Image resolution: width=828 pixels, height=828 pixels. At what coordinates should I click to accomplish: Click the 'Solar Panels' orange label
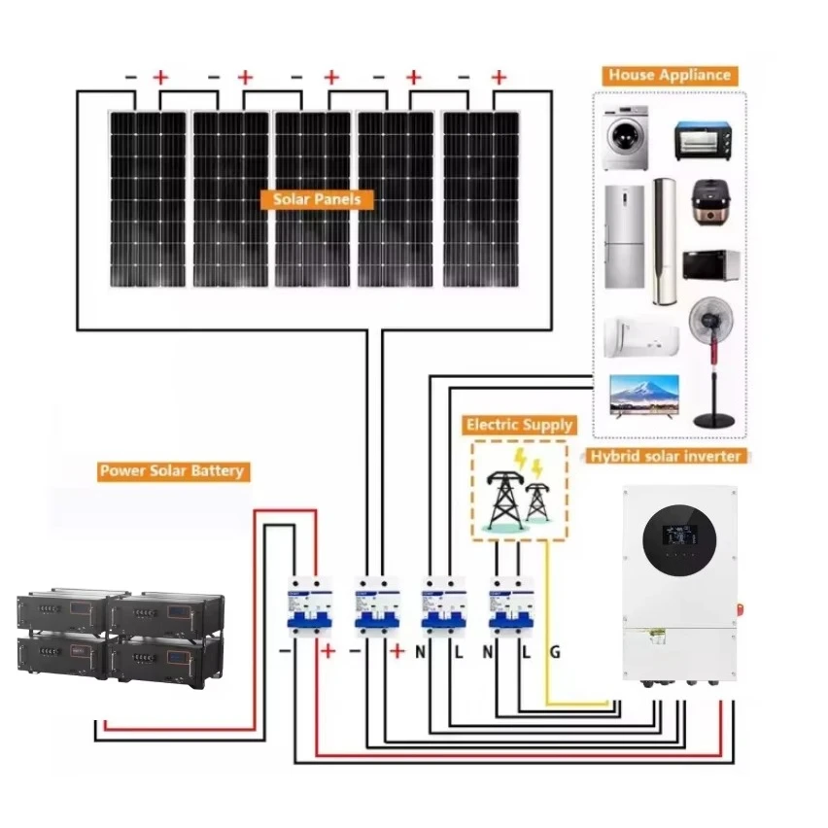click(x=317, y=199)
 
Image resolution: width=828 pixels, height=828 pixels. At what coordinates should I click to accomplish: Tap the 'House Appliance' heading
click(x=669, y=75)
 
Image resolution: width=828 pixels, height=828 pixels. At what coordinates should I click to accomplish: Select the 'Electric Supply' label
click(x=520, y=426)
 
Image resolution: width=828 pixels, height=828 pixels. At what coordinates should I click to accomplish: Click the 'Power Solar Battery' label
click(x=173, y=471)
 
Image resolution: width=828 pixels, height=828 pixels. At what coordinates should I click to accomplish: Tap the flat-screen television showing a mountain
click(x=640, y=397)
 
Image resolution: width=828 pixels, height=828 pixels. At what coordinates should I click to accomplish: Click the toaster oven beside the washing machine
click(x=702, y=141)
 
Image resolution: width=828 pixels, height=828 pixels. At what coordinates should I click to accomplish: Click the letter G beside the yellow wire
click(x=554, y=652)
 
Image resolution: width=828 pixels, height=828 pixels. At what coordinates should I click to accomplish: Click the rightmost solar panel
click(x=481, y=198)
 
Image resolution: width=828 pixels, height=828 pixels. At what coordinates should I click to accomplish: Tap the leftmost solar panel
click(x=147, y=198)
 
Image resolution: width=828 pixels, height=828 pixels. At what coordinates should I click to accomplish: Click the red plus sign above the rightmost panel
click(x=499, y=77)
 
